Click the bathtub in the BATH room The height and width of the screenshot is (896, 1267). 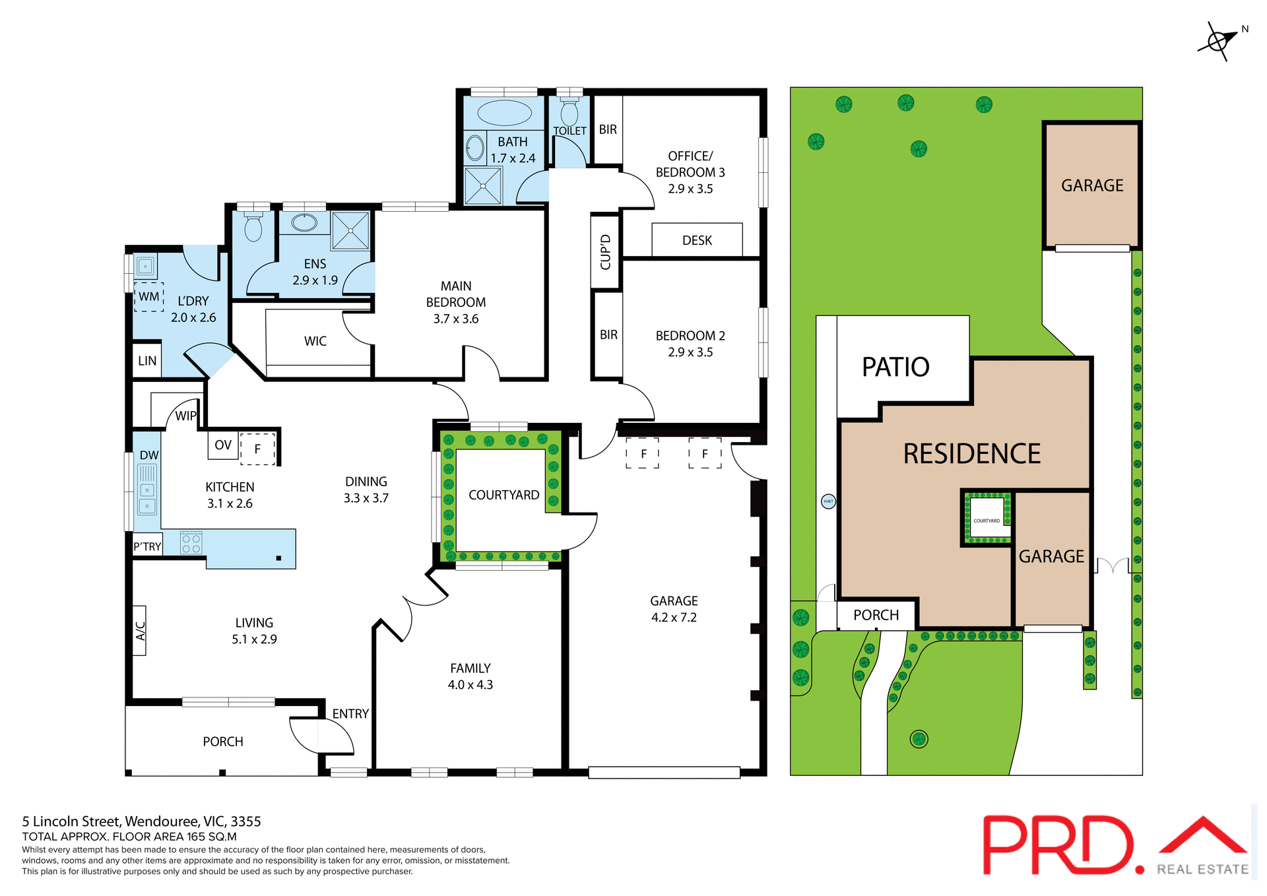coord(504,113)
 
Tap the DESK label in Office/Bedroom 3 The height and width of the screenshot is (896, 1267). coord(697,241)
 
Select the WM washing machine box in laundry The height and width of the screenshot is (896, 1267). coord(149,297)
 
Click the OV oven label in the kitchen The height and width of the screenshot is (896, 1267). coord(223,445)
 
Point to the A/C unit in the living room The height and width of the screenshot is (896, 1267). coord(140,630)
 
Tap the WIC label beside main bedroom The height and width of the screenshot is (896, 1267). coord(315,341)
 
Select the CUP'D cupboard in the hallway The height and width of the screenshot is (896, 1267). coord(605,252)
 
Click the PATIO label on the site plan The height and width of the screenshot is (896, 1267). coord(895,367)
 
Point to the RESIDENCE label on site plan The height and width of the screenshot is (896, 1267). coord(971,454)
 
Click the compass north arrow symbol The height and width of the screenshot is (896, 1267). coord(1218,42)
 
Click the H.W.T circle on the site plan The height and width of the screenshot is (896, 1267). coord(828,501)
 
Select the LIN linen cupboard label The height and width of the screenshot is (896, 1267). coord(147,361)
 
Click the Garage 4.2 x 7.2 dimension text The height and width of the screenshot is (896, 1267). coord(674,618)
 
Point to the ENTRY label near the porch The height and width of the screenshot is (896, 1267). coord(350,714)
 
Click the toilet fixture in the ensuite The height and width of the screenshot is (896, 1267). coord(253,228)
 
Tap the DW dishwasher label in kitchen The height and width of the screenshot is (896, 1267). coord(149,455)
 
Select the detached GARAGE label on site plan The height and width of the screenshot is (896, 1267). coord(1092,186)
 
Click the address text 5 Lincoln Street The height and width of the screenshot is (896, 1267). coord(142,821)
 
